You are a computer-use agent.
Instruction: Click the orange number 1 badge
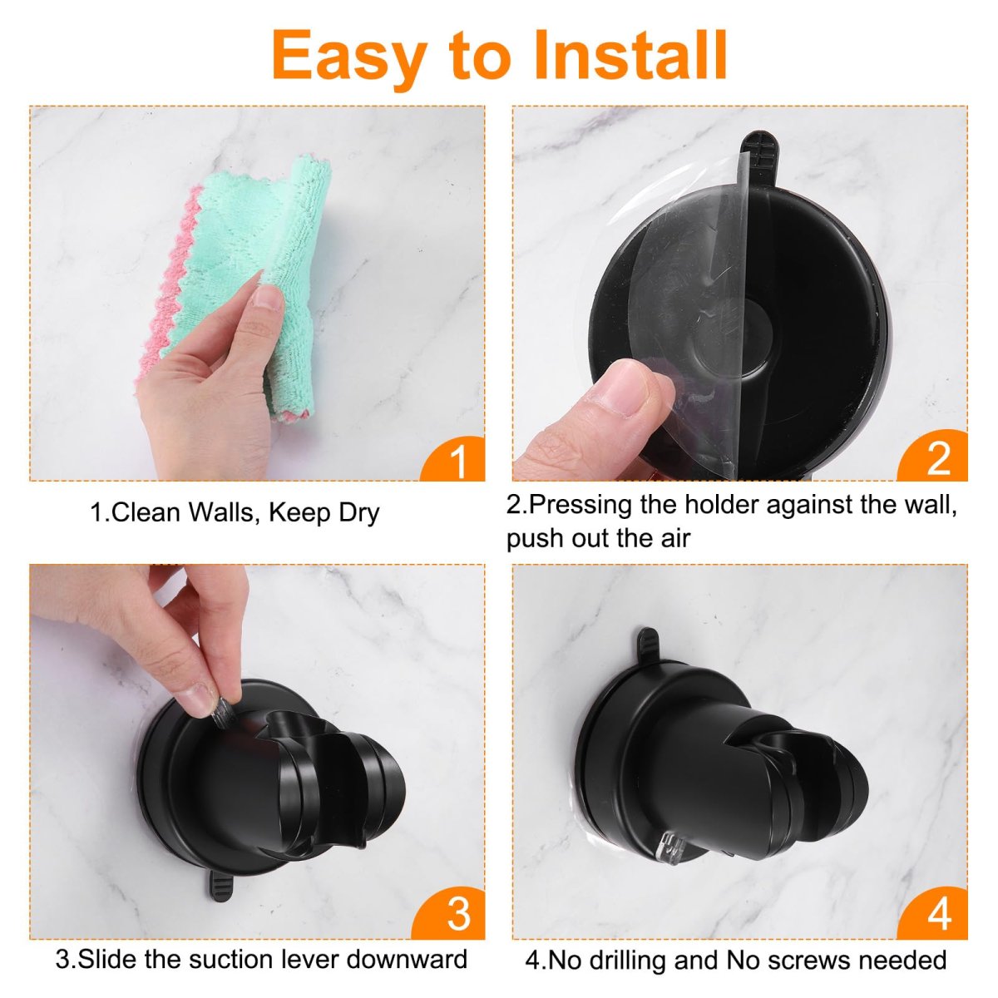[x=452, y=458]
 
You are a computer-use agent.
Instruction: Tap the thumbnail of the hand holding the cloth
[x=257, y=294]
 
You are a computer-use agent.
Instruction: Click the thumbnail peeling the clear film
[x=740, y=294]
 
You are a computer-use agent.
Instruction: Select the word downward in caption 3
[x=407, y=959]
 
